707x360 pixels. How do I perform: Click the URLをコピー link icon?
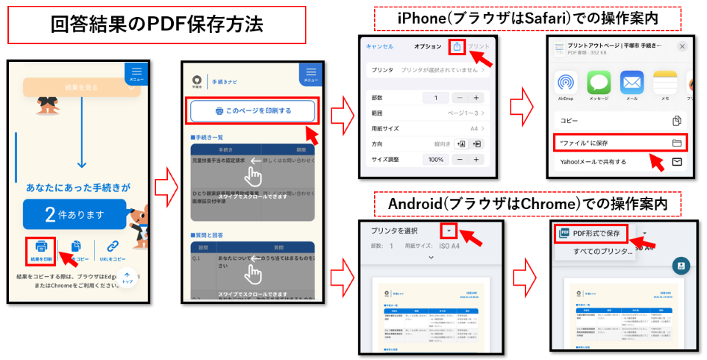(113, 247)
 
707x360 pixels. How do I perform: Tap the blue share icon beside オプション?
(457, 46)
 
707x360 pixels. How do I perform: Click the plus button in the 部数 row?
(476, 98)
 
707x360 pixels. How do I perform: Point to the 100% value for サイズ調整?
(437, 159)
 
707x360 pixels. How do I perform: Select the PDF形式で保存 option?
(594, 233)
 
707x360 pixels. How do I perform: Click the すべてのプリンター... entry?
(602, 252)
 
